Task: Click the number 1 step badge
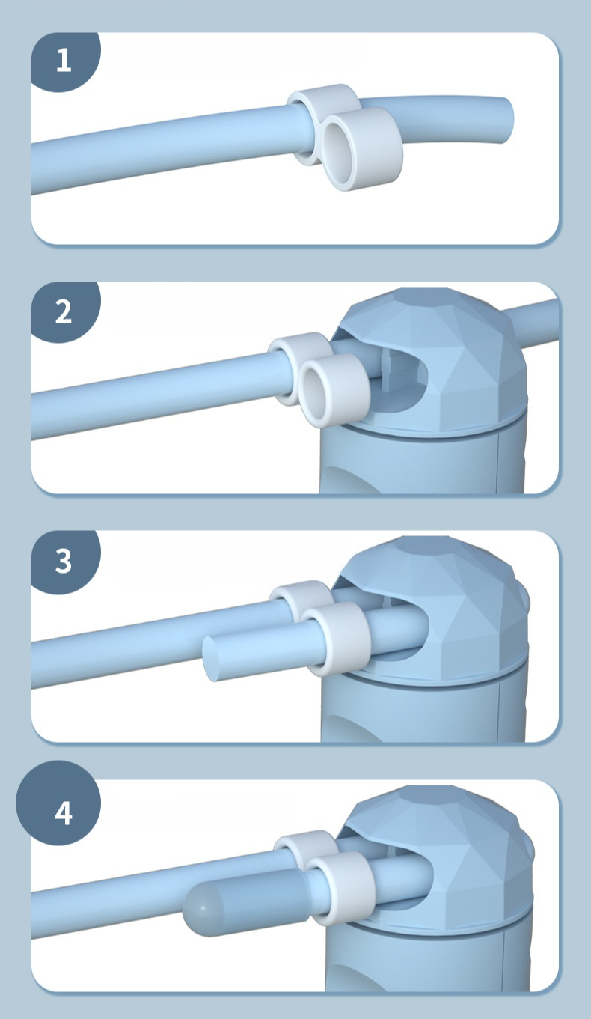(x=64, y=61)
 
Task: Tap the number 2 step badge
(x=64, y=311)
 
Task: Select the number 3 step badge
(x=64, y=561)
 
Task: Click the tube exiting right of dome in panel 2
(x=536, y=320)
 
